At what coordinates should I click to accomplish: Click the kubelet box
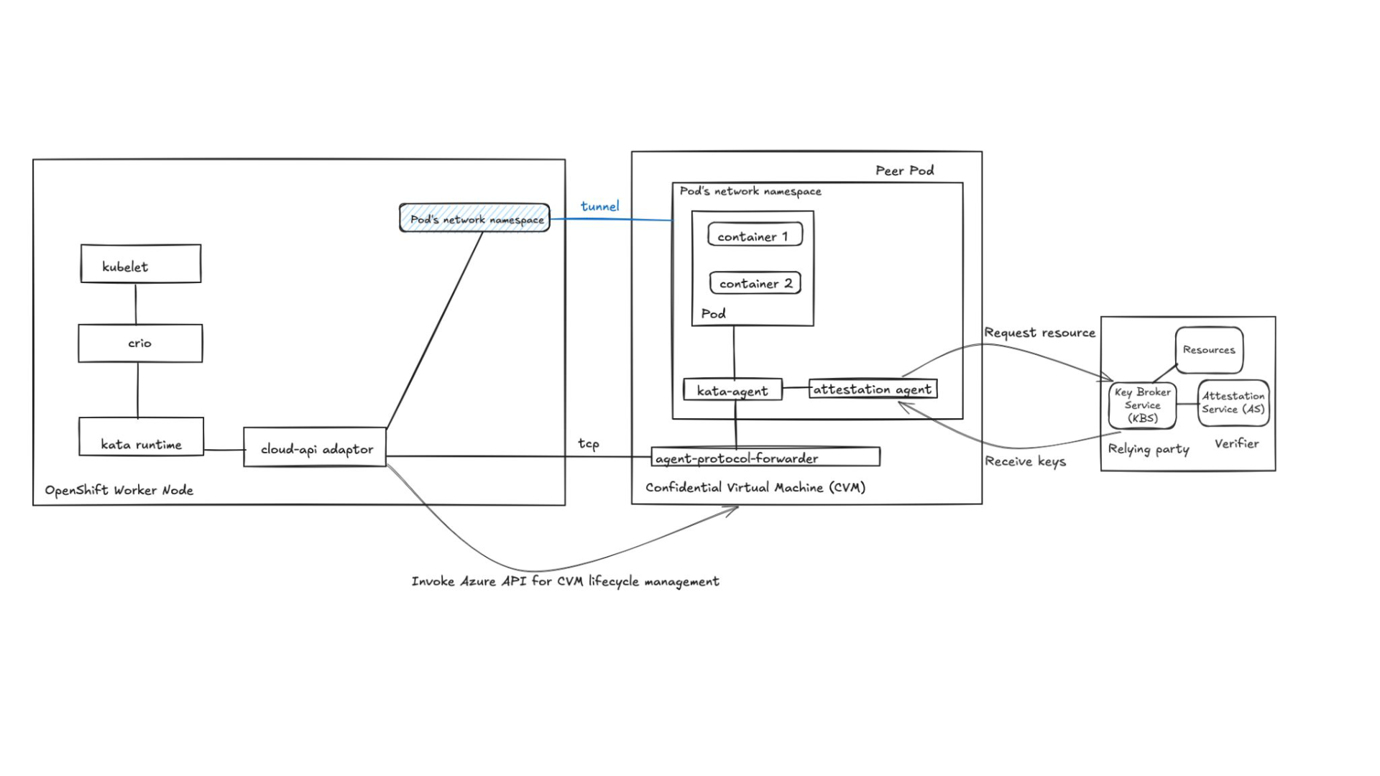coord(141,264)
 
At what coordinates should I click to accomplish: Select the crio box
coord(140,343)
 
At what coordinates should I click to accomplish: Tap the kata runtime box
coord(141,437)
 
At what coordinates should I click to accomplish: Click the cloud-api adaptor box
coord(315,448)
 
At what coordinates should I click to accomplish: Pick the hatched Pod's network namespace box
coord(474,218)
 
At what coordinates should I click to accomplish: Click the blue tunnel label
coord(599,207)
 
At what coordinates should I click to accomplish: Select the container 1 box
coord(755,235)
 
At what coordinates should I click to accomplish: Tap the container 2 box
coord(755,283)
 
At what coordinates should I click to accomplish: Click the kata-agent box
coord(732,390)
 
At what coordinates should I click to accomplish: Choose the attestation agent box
coord(873,389)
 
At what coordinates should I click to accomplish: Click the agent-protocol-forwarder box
coord(765,457)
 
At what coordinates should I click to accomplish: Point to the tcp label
coord(589,443)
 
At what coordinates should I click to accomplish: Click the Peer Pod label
coord(904,170)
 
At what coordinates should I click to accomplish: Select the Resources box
coord(1209,350)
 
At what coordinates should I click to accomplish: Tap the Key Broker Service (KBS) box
coord(1142,405)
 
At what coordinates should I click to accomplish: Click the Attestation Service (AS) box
coord(1233,403)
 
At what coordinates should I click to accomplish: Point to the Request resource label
coord(1039,333)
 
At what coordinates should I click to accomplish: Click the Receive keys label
coord(1025,461)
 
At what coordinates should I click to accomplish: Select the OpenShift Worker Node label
coord(119,490)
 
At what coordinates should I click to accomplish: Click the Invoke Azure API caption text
coord(565,581)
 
